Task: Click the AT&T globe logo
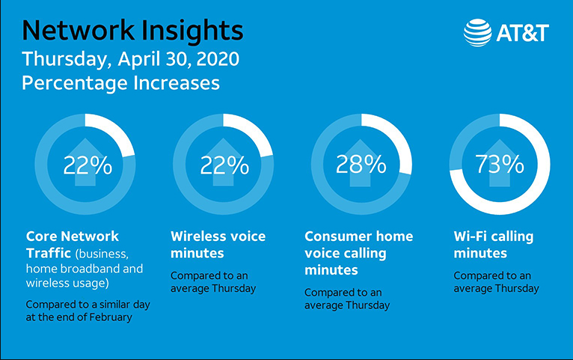click(x=478, y=33)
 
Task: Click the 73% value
click(x=500, y=164)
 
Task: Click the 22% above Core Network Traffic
click(x=87, y=164)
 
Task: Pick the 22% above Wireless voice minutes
click(x=224, y=164)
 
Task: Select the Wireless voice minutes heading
click(x=218, y=245)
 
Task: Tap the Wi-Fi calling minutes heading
click(x=493, y=245)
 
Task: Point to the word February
click(x=122, y=317)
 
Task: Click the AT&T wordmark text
click(x=522, y=33)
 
